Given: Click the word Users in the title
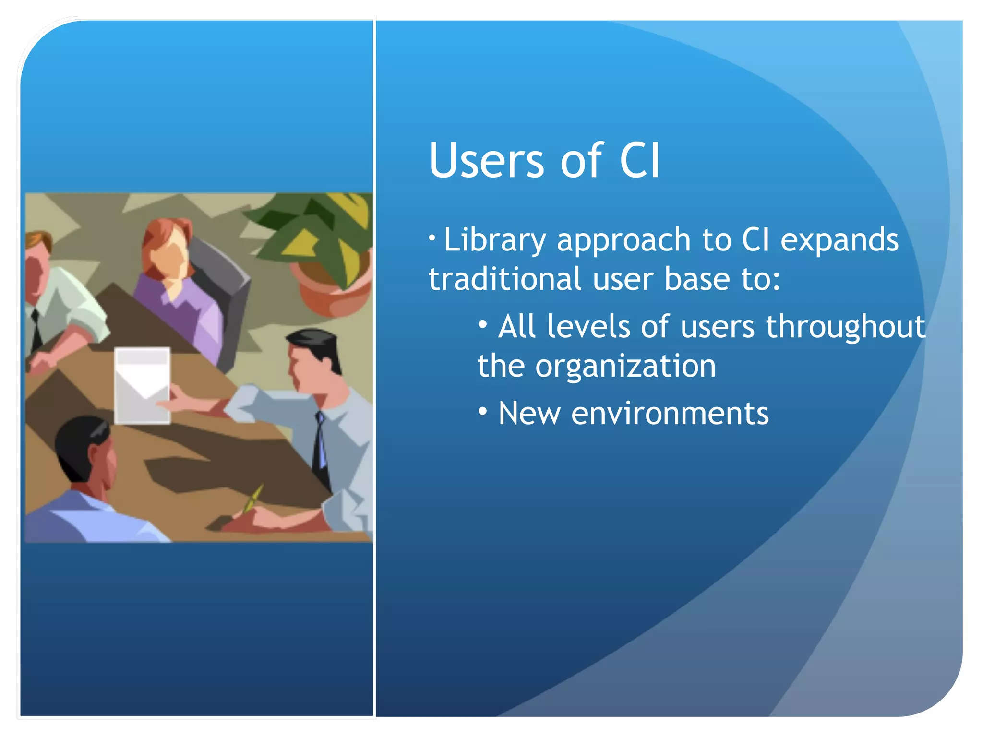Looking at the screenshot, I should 486,161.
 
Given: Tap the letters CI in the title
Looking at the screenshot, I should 640,161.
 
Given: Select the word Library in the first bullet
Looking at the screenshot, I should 494,240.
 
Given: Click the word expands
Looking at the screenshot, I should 839,240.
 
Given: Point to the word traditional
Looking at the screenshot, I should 504,279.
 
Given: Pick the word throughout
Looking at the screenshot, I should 845,327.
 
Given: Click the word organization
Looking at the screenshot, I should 625,367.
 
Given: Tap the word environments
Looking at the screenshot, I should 670,414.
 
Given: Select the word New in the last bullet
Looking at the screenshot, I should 529,414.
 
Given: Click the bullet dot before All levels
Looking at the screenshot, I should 483,325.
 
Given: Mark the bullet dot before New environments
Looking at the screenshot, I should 483,411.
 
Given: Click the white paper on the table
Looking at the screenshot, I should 142,386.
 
